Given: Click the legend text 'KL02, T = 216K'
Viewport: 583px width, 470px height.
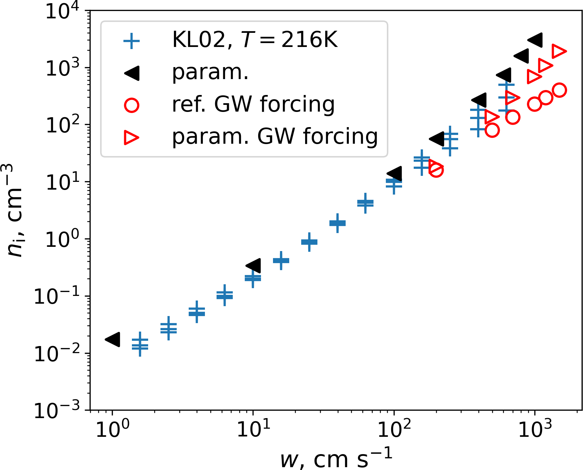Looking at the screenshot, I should (x=255, y=40).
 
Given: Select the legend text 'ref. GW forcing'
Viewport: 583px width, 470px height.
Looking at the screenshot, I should (x=253, y=105).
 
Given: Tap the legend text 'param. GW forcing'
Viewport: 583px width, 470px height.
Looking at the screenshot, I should (x=275, y=137).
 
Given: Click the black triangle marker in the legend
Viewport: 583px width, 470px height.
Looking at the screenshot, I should (x=132, y=73).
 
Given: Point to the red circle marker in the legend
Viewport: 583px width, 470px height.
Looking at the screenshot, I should (x=132, y=105).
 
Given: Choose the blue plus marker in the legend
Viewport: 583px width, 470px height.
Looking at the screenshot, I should (x=132, y=41).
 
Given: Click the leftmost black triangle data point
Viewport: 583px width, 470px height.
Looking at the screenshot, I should (x=113, y=339).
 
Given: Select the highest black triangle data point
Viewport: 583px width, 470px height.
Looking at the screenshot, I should (x=535, y=40).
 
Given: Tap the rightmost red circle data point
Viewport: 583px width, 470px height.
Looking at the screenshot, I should (x=559, y=90).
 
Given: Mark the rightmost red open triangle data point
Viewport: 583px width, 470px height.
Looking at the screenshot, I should (x=559, y=51).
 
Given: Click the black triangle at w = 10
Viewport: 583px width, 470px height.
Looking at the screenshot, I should (x=253, y=266).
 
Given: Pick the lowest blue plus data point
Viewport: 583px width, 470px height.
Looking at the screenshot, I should (x=140, y=347).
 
